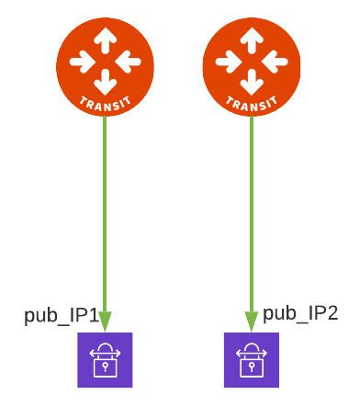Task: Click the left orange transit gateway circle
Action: click(x=105, y=67)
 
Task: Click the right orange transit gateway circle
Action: click(x=251, y=67)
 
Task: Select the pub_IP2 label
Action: click(x=300, y=314)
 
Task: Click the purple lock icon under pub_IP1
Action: click(x=105, y=358)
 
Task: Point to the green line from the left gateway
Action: click(x=105, y=211)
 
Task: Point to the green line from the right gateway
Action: click(x=251, y=211)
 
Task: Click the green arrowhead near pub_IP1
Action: click(x=105, y=321)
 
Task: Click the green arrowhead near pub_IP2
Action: click(x=251, y=321)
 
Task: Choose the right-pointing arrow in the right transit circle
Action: click(x=274, y=62)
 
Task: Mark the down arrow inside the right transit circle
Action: click(x=251, y=81)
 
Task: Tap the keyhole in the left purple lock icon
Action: click(x=105, y=366)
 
